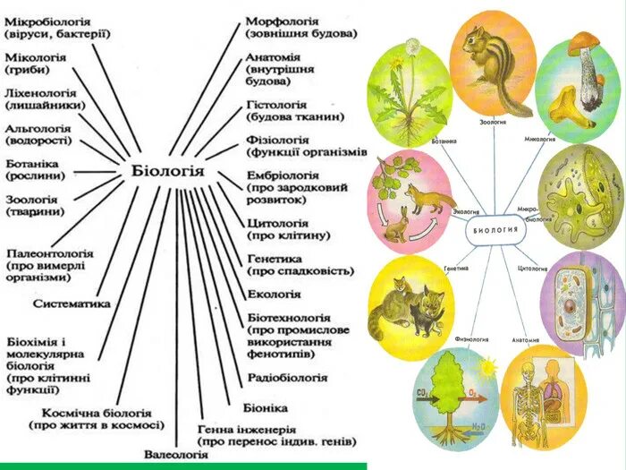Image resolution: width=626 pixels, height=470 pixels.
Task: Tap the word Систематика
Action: tap(72, 303)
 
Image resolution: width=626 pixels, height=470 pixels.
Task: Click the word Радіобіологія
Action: tap(287, 378)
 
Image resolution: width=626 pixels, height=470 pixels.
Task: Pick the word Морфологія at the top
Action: tap(284, 19)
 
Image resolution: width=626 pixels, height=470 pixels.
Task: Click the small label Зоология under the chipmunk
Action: tap(493, 121)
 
